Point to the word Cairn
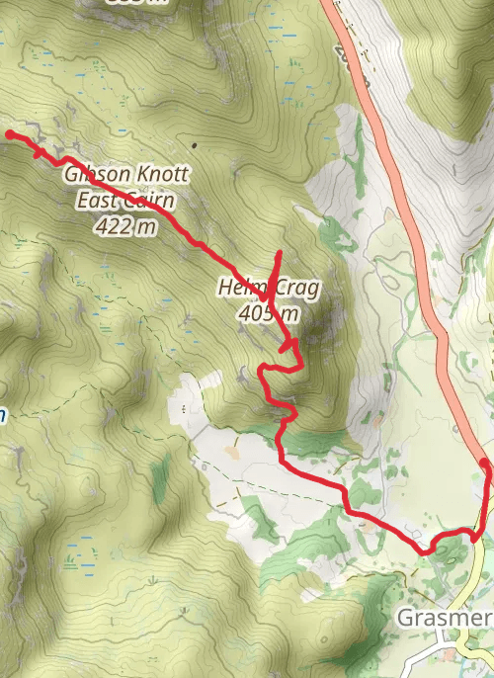(x=149, y=202)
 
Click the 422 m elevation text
(x=126, y=226)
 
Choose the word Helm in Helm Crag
(x=237, y=289)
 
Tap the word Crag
(x=296, y=289)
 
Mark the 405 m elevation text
(x=268, y=314)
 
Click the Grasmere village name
(x=444, y=619)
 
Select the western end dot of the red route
(x=10, y=133)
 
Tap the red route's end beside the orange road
(x=484, y=463)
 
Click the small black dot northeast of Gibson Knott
(x=194, y=145)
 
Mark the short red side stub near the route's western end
(x=38, y=151)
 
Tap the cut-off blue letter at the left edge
(x=3, y=415)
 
